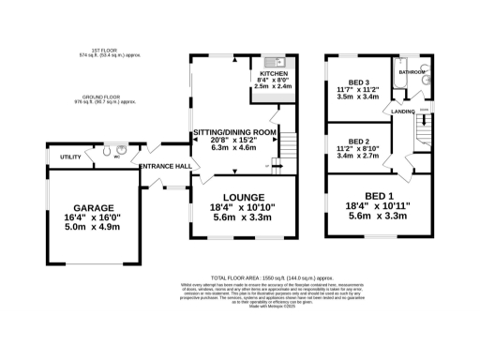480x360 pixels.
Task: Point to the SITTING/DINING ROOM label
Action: pyautogui.click(x=234, y=133)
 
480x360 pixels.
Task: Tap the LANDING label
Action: pyautogui.click(x=404, y=112)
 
